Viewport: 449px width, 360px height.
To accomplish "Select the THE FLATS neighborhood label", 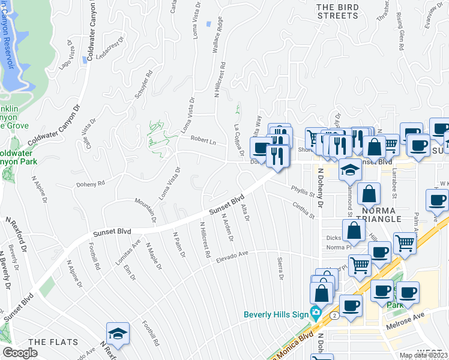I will click(53, 342).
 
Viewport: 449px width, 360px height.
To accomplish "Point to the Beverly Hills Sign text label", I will click(276, 314).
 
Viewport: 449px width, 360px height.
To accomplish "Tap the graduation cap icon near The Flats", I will click(118, 335).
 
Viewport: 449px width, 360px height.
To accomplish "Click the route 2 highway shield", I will click(334, 314).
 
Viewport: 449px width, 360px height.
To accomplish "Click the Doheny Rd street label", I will click(91, 184).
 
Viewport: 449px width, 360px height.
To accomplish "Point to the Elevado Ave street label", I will click(232, 255).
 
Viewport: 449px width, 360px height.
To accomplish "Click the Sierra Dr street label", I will click(280, 269).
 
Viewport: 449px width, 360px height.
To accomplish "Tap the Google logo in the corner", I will click(20, 353).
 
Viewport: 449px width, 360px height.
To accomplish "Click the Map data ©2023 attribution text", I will click(423, 356).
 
